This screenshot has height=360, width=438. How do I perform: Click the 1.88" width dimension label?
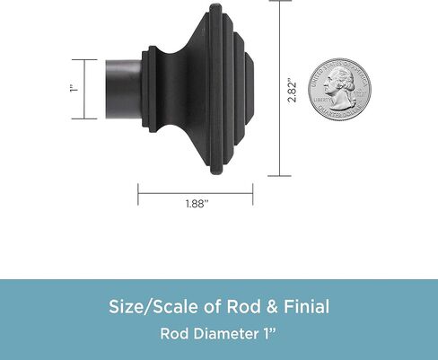pos(197,204)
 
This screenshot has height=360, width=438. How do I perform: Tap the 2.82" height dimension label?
pos(292,90)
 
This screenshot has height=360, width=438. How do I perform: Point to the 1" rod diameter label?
pos(74,89)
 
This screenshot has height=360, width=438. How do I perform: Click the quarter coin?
pos(340,90)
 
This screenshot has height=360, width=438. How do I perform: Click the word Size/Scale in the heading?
pos(154,307)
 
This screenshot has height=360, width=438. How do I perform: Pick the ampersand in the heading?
pos(271,307)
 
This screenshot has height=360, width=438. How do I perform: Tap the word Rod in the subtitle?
pos(174,334)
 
